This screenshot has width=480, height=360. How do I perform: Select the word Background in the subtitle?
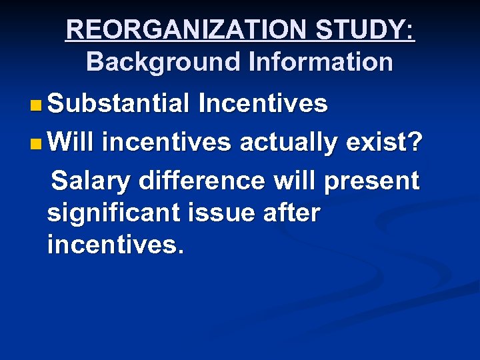[163, 62]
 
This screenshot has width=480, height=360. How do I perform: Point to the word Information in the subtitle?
[320, 62]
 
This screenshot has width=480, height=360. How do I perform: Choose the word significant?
[114, 215]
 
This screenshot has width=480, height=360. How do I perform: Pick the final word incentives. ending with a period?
[114, 247]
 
